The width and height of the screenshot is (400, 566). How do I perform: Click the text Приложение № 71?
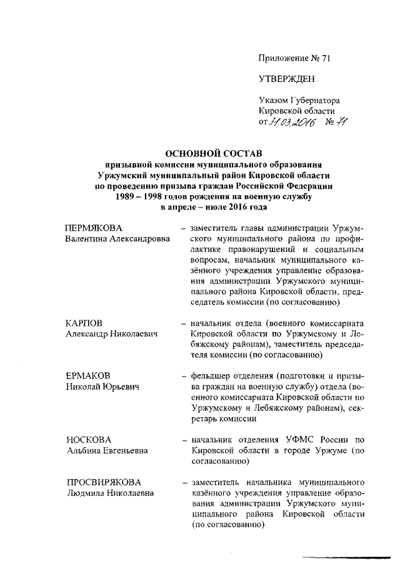(294, 58)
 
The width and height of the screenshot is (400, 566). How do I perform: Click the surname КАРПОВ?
(85, 323)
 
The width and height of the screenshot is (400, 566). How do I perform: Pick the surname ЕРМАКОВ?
(88, 376)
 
